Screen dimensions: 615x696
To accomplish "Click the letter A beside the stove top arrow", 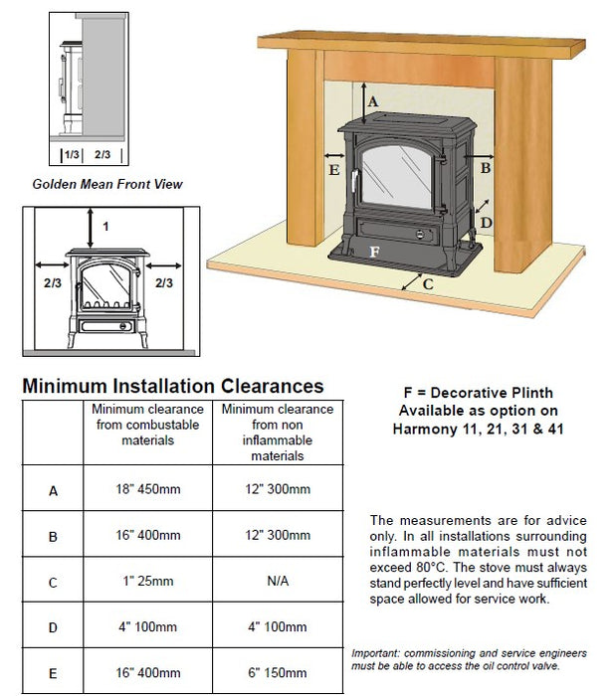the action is pos(373,101).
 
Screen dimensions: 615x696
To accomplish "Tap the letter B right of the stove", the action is pos(486,168).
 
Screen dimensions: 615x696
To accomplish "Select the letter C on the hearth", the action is pos(428,284).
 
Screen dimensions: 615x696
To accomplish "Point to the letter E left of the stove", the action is pos(334,170).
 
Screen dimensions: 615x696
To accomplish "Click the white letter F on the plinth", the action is pos(374,253).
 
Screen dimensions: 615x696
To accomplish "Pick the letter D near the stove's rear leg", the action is pos(487,223).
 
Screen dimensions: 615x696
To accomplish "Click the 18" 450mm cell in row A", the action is pos(148,489).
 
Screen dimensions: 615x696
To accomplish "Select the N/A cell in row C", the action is pos(278,581).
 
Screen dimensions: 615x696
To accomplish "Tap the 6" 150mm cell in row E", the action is pos(278,672).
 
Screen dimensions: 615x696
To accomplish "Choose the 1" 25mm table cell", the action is pos(148,581).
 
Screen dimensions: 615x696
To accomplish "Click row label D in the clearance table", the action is pos(53,627).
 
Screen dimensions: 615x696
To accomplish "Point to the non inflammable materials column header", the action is pos(278,433).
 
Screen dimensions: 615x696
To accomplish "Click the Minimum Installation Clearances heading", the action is pos(173,386).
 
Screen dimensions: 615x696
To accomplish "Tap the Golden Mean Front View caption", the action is pos(107,184).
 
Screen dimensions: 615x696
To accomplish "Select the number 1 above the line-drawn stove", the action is pos(105,227).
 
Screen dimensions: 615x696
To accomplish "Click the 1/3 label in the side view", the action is pos(72,154).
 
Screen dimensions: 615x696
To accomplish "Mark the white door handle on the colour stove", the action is pos(354,181).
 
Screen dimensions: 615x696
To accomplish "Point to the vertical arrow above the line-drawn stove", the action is pos(91,228).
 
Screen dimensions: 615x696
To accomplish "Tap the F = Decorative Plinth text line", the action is pos(479,393).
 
